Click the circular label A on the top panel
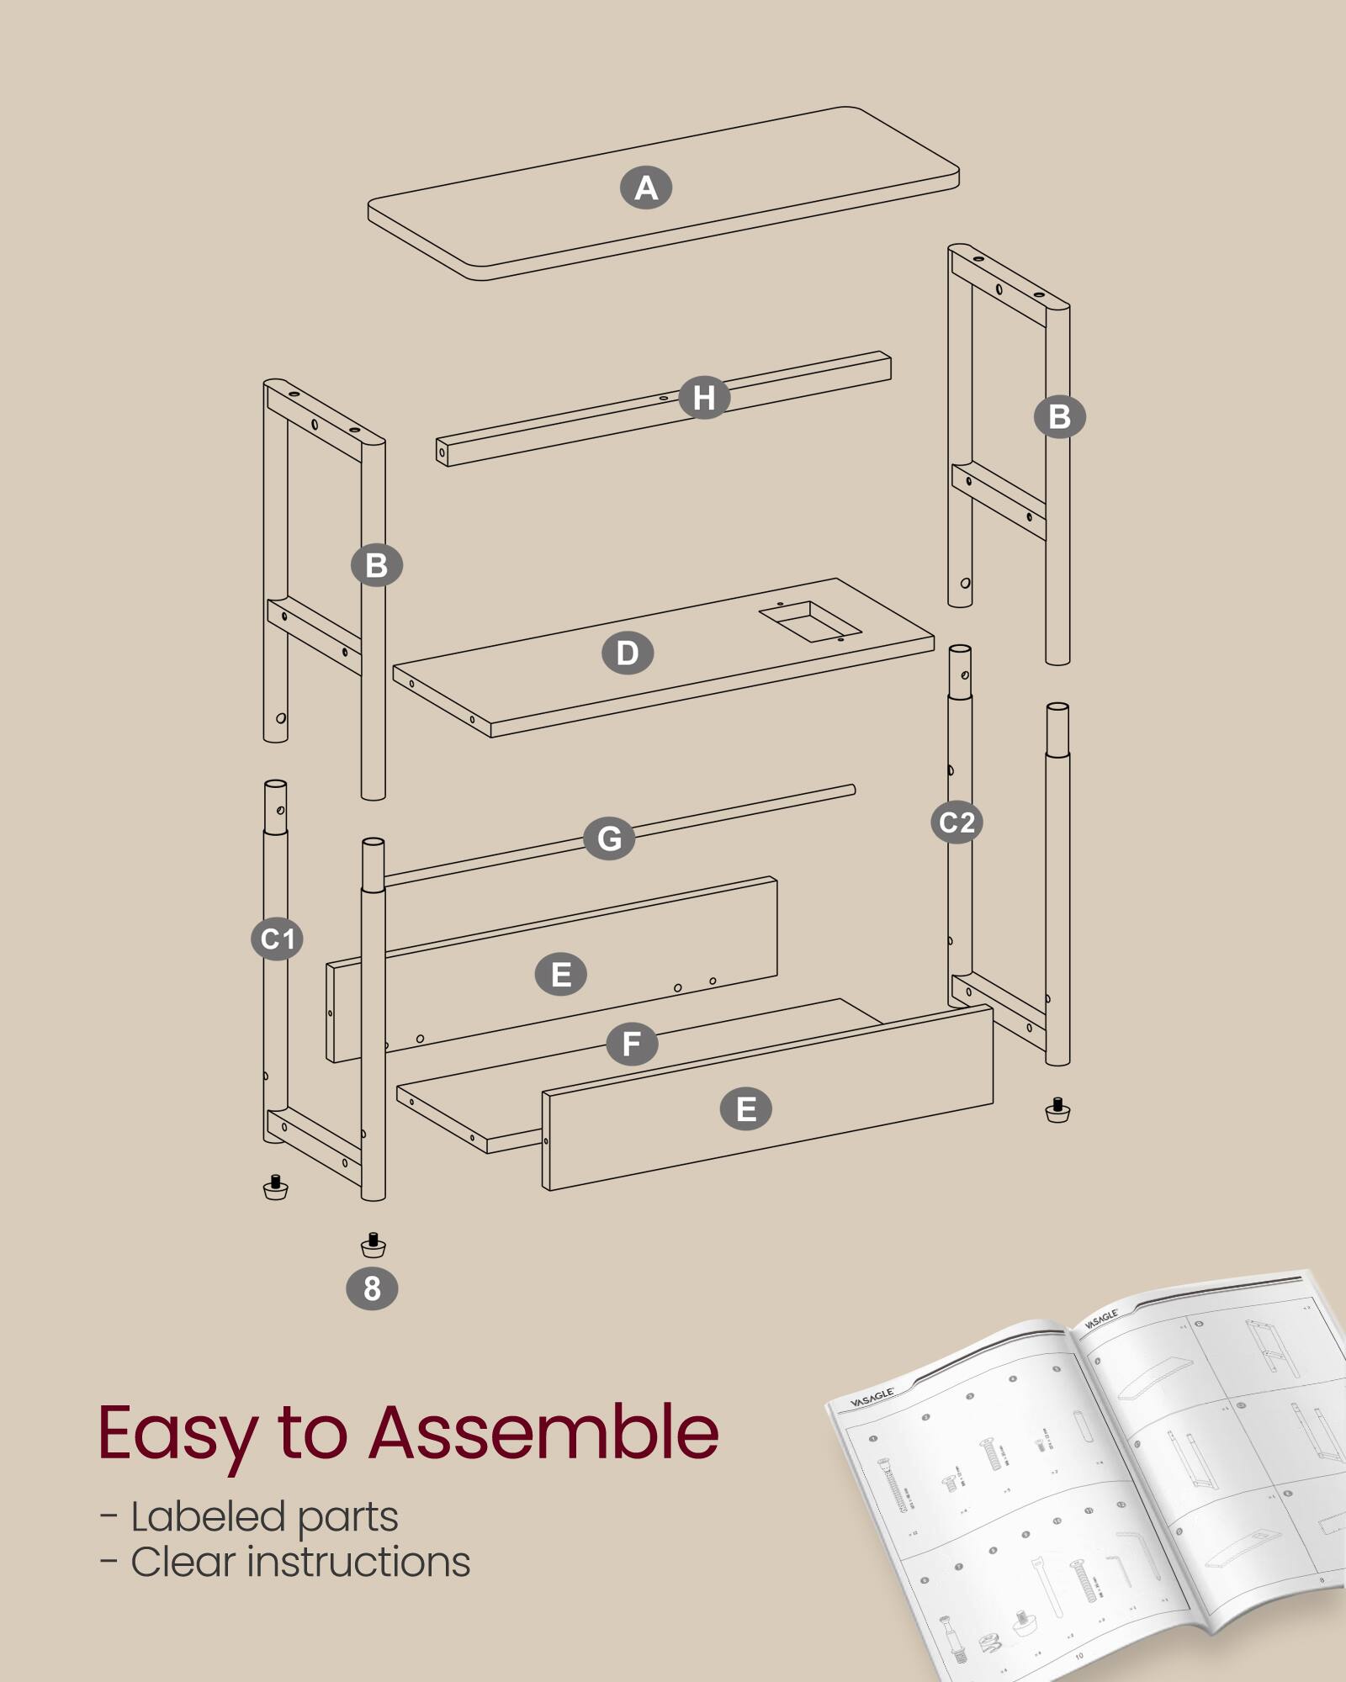(646, 188)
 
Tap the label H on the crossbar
(704, 397)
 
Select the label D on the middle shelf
(628, 653)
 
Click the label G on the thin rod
(609, 838)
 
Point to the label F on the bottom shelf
(632, 1044)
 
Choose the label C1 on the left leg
(277, 939)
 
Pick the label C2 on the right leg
(957, 822)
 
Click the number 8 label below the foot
(372, 1288)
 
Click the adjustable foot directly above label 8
(373, 1245)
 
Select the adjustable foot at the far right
(1057, 1110)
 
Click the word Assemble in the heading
(543, 1432)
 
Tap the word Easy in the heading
(177, 1434)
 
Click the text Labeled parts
(264, 1516)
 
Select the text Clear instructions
(299, 1562)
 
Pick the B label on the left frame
(377, 565)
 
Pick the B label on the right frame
(1059, 416)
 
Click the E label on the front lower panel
(746, 1109)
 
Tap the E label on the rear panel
(561, 975)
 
